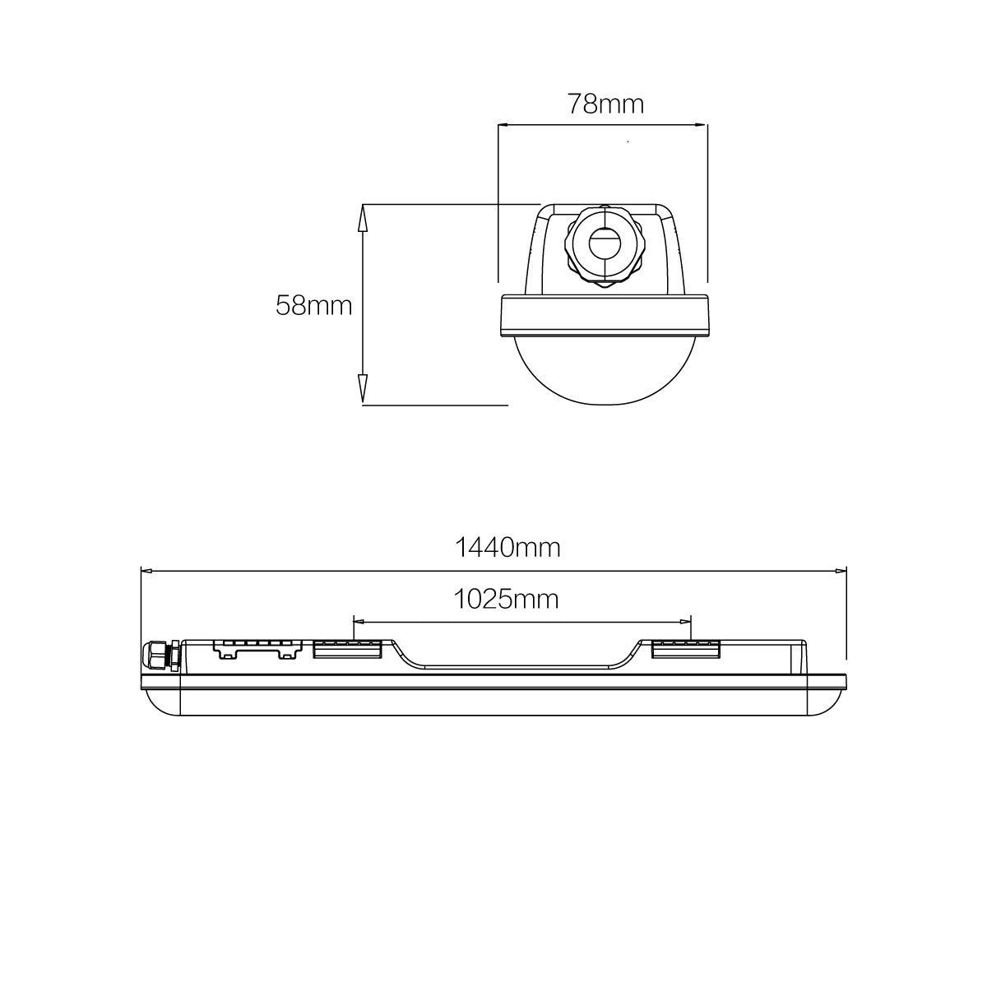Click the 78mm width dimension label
point(605,104)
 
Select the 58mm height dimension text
point(313,306)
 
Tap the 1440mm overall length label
point(507,547)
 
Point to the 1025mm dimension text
point(506,599)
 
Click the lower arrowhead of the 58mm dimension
point(362,392)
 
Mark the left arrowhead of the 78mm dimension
point(505,125)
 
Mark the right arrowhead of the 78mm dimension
point(701,125)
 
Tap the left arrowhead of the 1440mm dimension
point(148,568)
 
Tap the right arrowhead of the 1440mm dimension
point(841,568)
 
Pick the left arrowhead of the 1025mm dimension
point(359,622)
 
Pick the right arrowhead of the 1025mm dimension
point(686,622)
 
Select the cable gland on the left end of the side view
point(161,656)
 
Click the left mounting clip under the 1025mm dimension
point(347,649)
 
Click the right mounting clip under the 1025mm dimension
point(686,649)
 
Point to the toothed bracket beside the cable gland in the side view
point(254,649)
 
